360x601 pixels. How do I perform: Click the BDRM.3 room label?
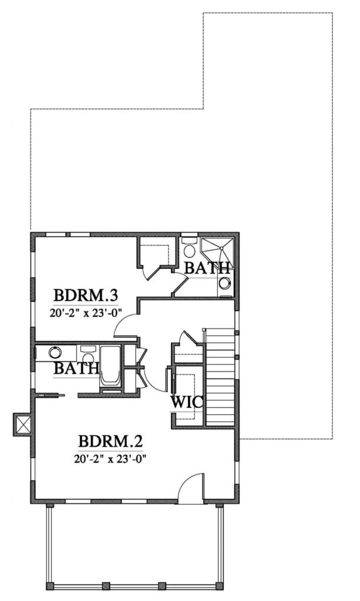pyautogui.click(x=85, y=296)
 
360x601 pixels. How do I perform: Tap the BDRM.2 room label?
pyautogui.click(x=110, y=441)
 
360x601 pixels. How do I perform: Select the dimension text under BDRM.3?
pyautogui.click(x=85, y=312)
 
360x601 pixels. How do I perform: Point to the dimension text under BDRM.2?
pyautogui.click(x=110, y=458)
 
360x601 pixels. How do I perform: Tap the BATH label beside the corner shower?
pyautogui.click(x=207, y=268)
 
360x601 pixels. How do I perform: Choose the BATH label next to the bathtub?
pyautogui.click(x=76, y=369)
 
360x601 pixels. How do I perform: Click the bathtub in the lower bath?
pyautogui.click(x=110, y=366)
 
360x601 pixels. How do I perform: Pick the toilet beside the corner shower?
pyautogui.click(x=189, y=248)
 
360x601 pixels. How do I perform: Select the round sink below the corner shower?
pyautogui.click(x=225, y=282)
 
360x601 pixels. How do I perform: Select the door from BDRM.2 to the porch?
pyautogui.click(x=190, y=486)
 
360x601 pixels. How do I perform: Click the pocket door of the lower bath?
pyautogui.click(x=49, y=394)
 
